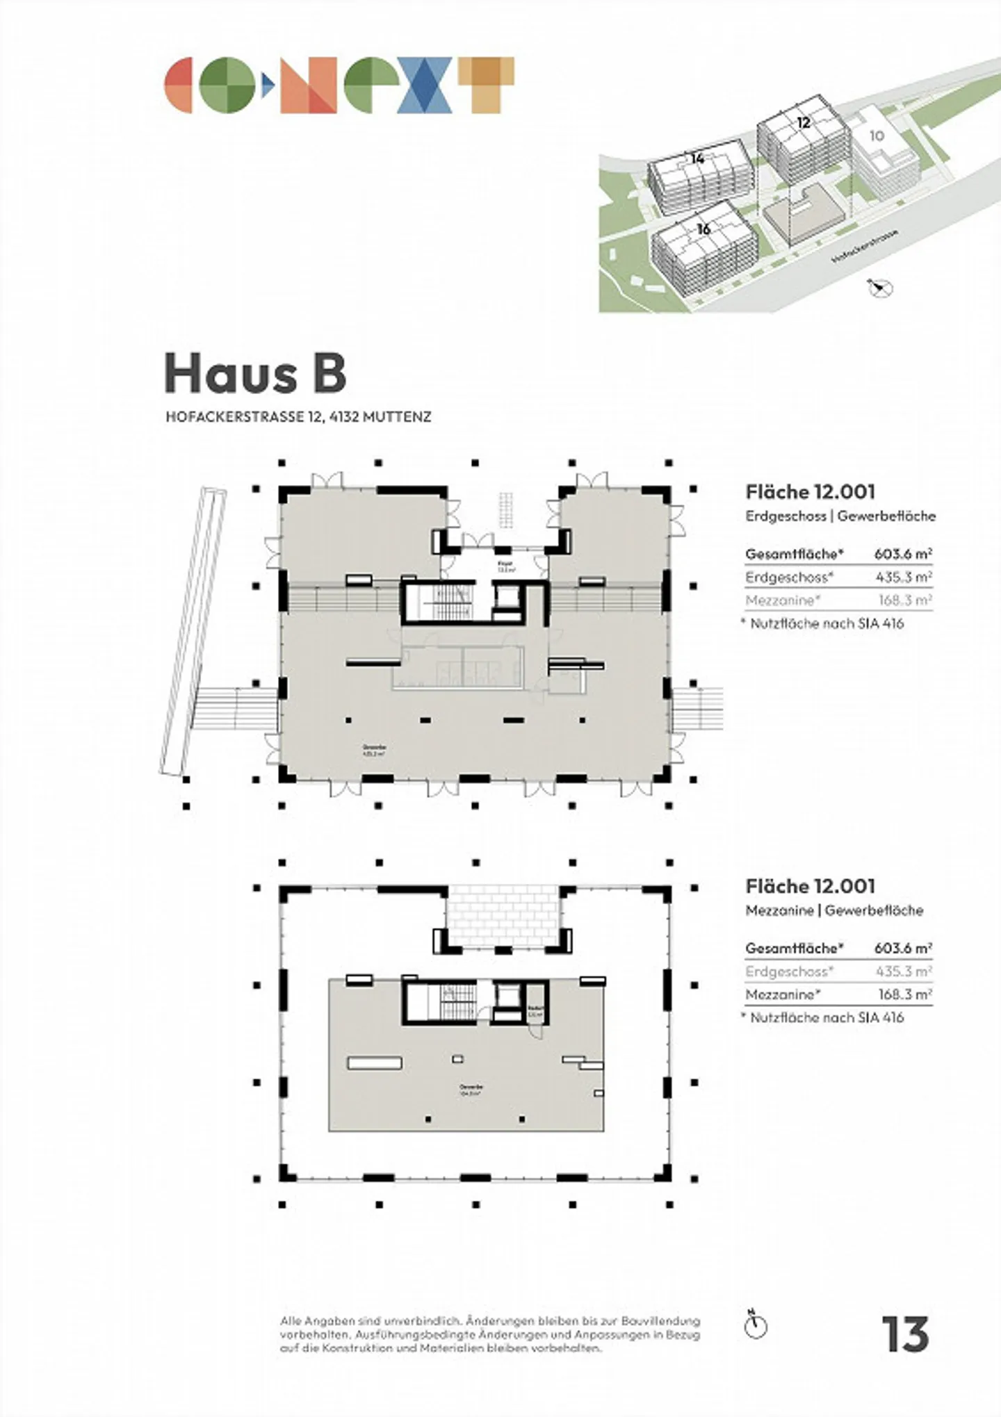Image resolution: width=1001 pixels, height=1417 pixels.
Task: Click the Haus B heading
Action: pos(255,374)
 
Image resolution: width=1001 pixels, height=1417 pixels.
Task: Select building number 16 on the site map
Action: pos(703,229)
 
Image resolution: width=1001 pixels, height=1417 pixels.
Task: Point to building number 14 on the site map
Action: pos(697,159)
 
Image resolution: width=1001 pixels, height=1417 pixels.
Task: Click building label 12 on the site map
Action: pos(803,123)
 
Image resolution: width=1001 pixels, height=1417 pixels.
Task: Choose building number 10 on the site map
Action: pos(876,136)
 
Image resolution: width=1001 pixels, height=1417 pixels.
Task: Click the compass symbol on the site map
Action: pos(881,288)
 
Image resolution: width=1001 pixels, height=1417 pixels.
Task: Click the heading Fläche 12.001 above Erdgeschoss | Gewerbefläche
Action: pos(810,492)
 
